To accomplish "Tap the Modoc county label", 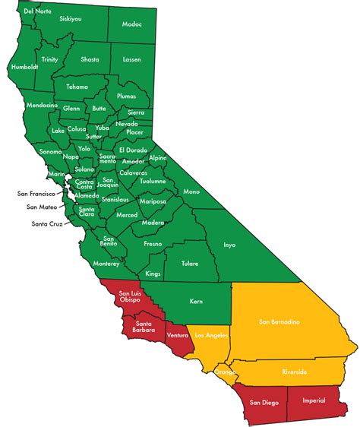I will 131,24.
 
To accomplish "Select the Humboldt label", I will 24,67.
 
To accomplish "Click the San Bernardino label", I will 279,322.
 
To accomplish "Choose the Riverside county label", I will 292,372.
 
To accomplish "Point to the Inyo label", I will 229,245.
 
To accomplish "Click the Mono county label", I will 191,191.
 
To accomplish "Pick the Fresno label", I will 153,244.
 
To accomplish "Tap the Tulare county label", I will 189,264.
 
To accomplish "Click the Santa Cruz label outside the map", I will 46,223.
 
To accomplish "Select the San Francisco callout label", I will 38,194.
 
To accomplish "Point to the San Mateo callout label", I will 41,207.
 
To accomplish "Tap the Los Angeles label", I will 210,335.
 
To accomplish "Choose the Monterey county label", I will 106,264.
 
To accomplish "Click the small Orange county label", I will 225,372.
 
